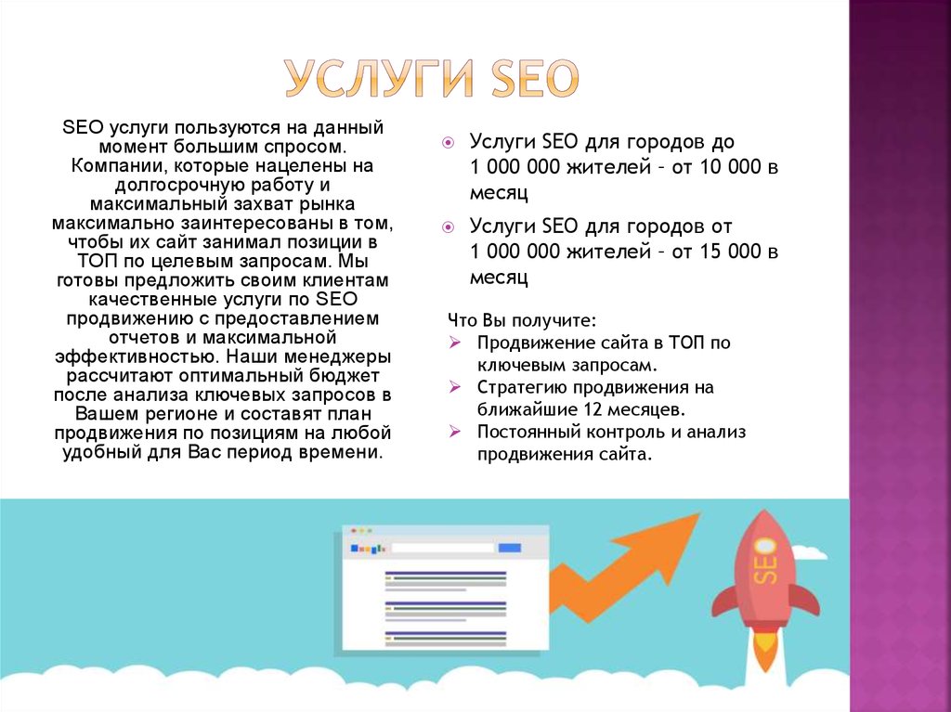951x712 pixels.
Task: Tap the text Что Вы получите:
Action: pos(520,320)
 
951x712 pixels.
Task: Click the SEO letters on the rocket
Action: pos(766,561)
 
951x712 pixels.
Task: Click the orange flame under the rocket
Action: pos(764,649)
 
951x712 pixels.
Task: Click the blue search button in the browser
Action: pos(510,548)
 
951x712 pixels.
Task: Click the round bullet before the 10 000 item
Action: pos(448,144)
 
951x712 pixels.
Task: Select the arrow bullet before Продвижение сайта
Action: pos(454,343)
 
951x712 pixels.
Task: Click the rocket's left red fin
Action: pos(724,602)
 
